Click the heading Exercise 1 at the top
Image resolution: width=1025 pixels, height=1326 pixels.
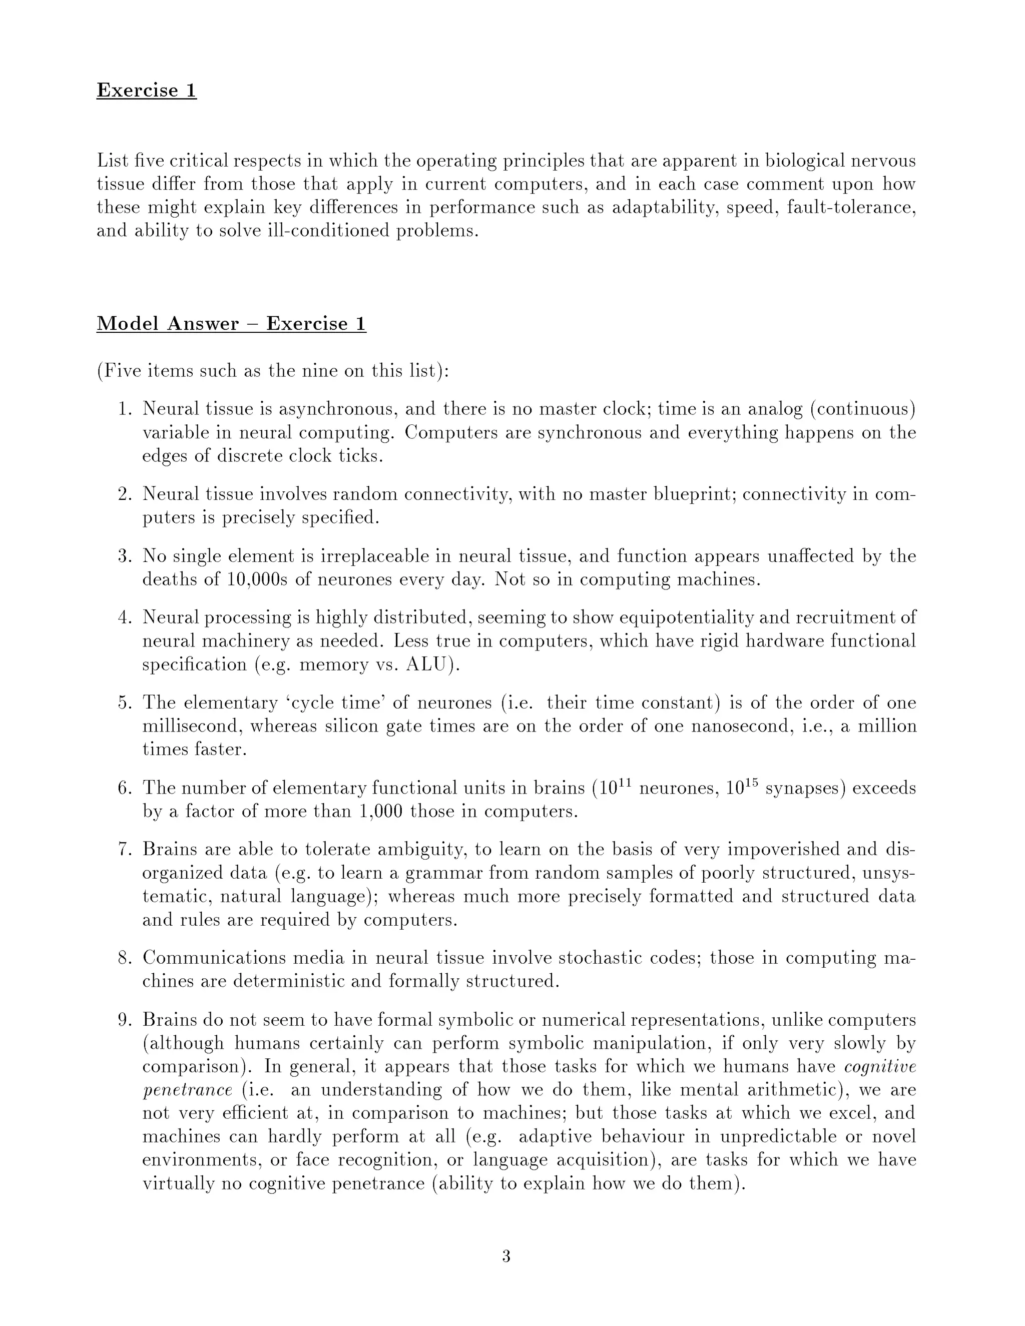pyautogui.click(x=146, y=90)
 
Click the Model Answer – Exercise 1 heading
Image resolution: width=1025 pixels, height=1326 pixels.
pyautogui.click(x=231, y=323)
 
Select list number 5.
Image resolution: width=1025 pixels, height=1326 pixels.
pyautogui.click(x=125, y=703)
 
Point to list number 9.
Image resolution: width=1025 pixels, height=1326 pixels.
pyautogui.click(x=125, y=1019)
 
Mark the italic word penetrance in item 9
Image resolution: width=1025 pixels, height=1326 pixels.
pyautogui.click(x=187, y=1090)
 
